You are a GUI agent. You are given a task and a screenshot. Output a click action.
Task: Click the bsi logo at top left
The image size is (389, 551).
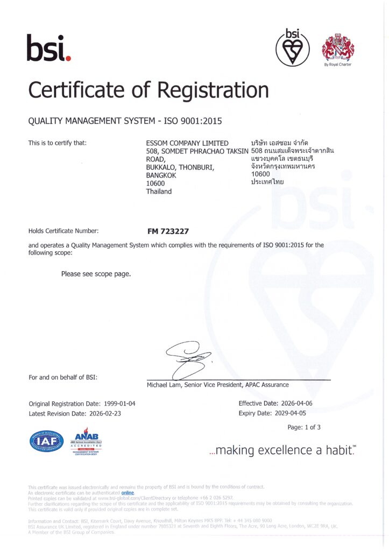tap(48, 47)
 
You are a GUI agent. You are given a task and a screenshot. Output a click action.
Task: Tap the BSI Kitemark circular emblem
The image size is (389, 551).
tap(292, 47)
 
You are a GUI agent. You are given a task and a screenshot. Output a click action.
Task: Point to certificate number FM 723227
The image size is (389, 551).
tap(168, 231)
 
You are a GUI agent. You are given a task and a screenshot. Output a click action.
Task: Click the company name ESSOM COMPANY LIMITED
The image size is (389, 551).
tap(187, 143)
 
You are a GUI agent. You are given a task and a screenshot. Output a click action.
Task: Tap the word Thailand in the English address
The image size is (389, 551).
tap(159, 192)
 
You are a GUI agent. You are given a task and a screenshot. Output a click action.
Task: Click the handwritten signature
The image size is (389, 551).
tap(188, 361)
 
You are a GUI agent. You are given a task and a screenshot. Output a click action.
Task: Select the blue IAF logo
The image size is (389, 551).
tap(46, 442)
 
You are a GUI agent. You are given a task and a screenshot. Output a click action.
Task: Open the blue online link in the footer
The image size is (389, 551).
tap(128, 492)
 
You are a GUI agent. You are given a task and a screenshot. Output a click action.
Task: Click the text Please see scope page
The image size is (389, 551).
tap(96, 274)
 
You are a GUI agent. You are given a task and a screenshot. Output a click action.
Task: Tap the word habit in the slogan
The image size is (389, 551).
tap(337, 450)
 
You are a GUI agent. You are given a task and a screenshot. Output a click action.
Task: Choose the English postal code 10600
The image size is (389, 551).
tap(156, 183)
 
